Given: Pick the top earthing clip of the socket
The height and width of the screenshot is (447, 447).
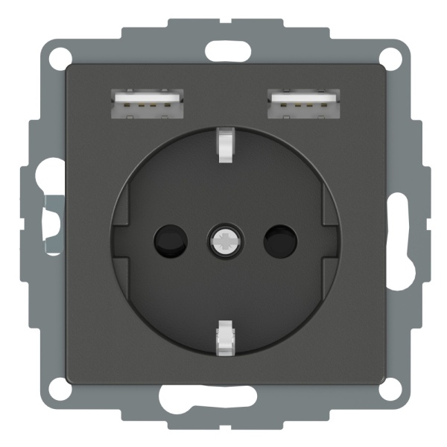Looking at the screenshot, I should (x=223, y=143).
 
